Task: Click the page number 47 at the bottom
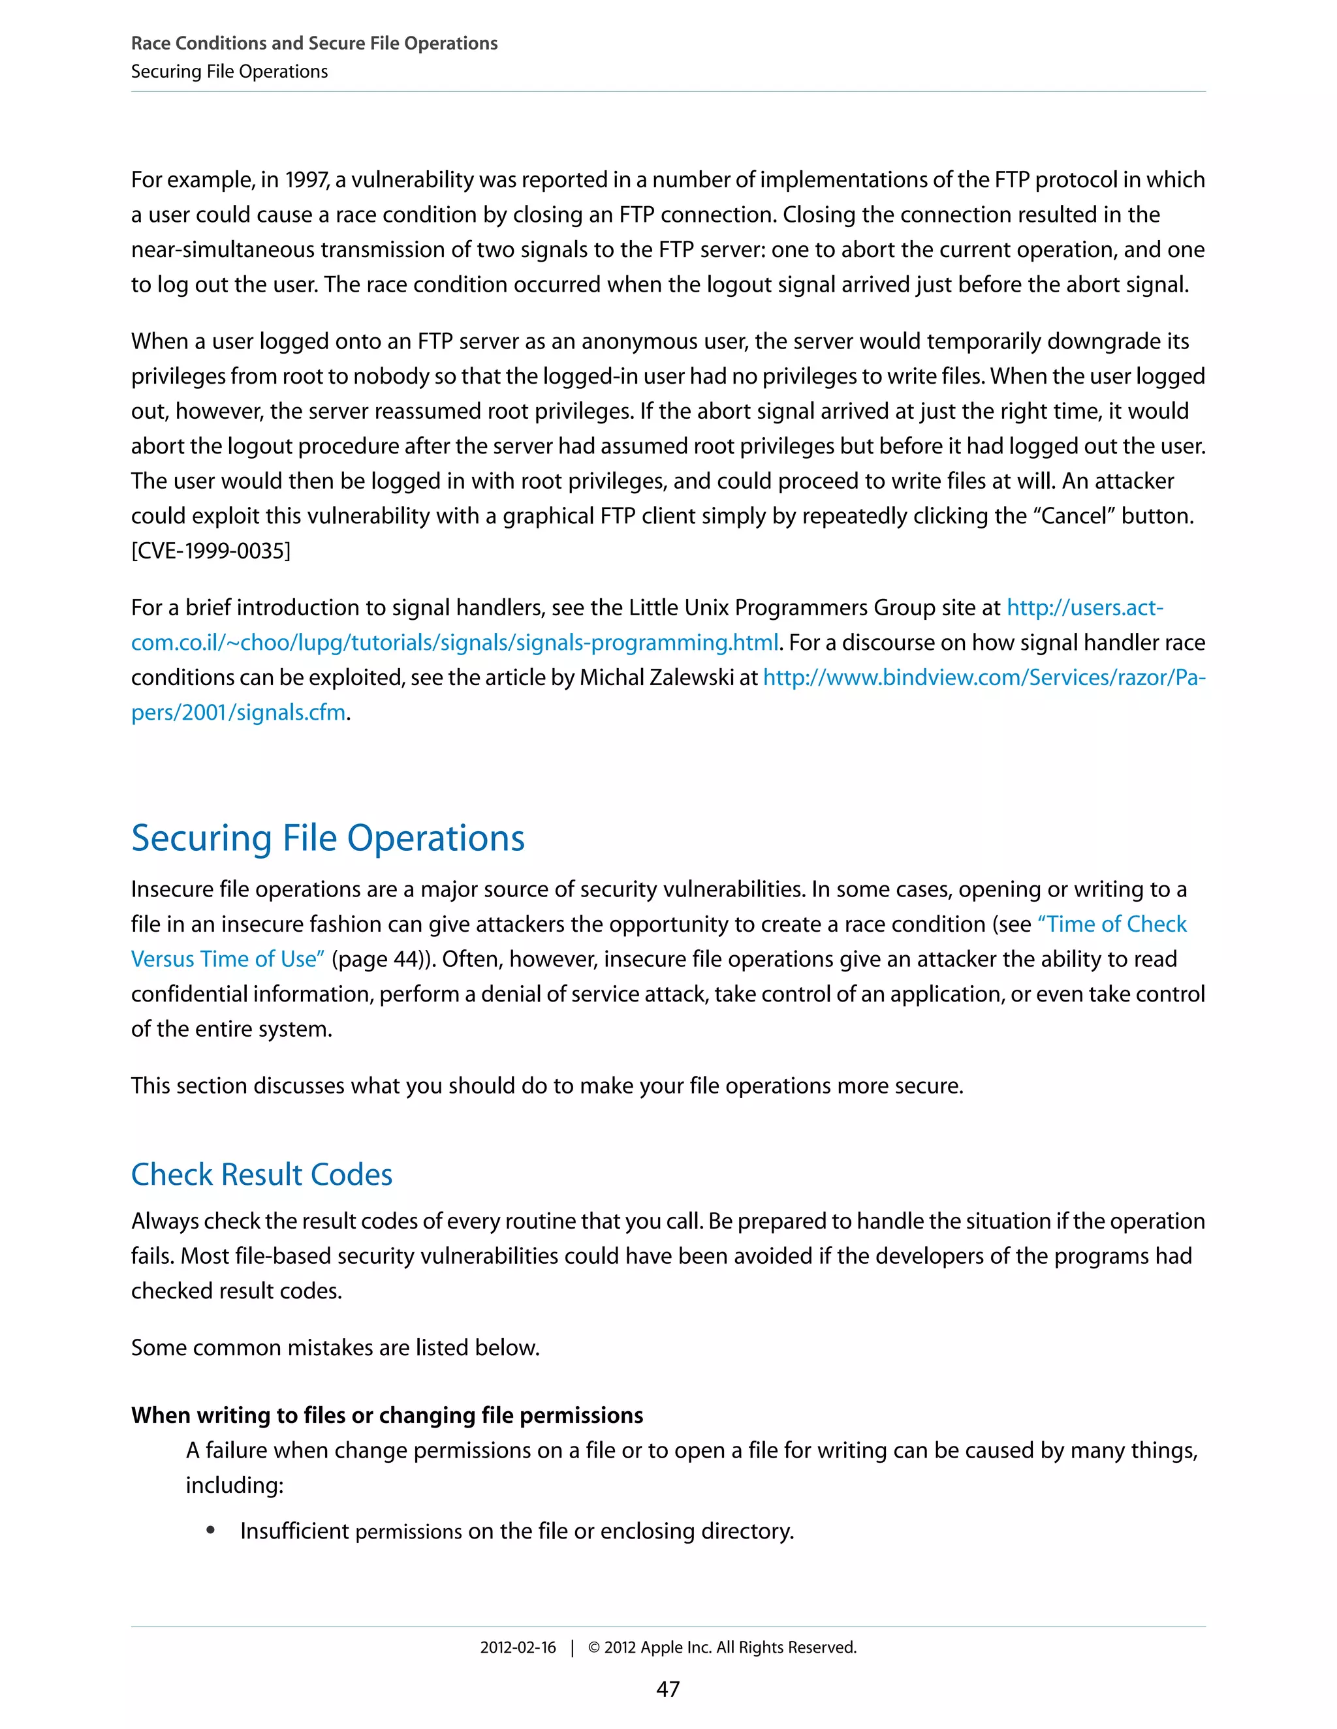pyautogui.click(x=668, y=1689)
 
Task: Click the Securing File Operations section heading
pyautogui.click(x=327, y=838)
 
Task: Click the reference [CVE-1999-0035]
pyautogui.click(x=211, y=551)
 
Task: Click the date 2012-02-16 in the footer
pyautogui.click(x=518, y=1647)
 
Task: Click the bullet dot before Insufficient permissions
pyautogui.click(x=211, y=1530)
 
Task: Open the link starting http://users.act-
pyautogui.click(x=1084, y=608)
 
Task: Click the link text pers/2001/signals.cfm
pyautogui.click(x=238, y=712)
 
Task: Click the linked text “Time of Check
pyautogui.click(x=1111, y=924)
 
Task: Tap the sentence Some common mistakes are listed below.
pyautogui.click(x=335, y=1347)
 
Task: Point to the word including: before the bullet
pyautogui.click(x=234, y=1485)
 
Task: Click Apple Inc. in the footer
pyautogui.click(x=676, y=1647)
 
